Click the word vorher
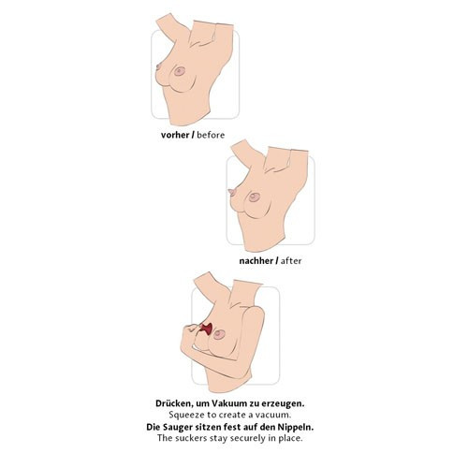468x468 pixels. pos(175,135)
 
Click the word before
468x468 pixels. pos(211,135)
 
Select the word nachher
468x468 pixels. pos(256,261)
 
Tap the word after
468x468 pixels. pos(291,261)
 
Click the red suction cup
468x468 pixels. pos(207,329)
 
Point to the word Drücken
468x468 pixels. pos(174,403)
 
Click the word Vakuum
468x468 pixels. pos(229,403)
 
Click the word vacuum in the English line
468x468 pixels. pos(273,416)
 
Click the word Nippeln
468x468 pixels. pos(297,427)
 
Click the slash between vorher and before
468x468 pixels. pos(193,135)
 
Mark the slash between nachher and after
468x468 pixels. pos(277,261)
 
